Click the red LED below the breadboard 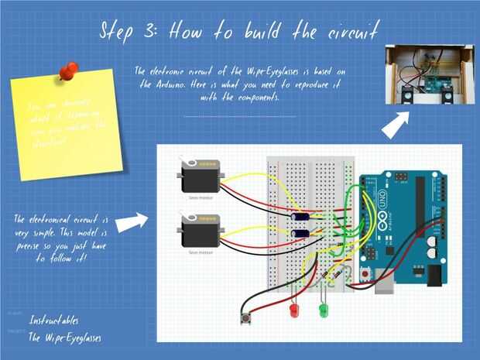coord(293,310)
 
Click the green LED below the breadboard coord(324,310)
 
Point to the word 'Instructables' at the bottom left coord(53,320)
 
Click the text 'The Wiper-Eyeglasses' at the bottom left coord(65,338)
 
